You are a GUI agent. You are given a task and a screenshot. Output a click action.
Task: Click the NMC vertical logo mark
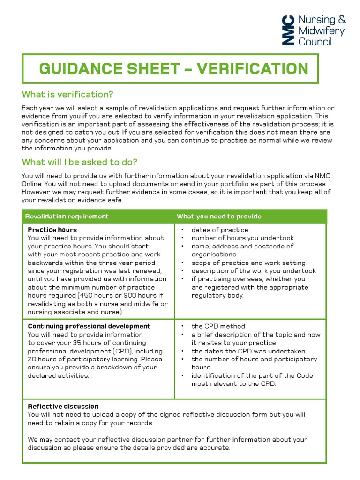288,30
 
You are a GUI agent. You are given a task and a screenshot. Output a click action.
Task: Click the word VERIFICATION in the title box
252,69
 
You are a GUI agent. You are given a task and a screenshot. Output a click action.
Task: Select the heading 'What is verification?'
68,95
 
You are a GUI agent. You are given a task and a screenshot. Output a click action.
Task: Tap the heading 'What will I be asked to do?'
80,162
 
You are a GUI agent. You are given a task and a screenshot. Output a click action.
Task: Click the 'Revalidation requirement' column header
67,216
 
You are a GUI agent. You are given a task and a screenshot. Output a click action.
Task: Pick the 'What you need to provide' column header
219,216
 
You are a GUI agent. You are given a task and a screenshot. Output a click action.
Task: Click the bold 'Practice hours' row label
52,230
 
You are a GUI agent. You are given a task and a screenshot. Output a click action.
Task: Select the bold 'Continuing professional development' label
89,326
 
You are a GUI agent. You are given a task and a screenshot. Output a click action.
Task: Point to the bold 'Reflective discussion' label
63,406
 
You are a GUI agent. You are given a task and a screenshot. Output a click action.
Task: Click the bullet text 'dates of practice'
219,230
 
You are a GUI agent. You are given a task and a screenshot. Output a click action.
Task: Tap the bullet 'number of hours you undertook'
242,238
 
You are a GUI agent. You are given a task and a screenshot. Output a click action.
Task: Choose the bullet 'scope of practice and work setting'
248,263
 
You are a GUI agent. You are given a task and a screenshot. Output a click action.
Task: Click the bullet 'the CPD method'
218,326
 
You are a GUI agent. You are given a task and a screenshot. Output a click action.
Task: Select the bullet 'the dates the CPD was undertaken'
248,351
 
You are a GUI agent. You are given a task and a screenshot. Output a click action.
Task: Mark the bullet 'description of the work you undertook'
254,271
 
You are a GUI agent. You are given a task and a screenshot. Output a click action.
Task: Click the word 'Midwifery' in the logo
321,31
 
